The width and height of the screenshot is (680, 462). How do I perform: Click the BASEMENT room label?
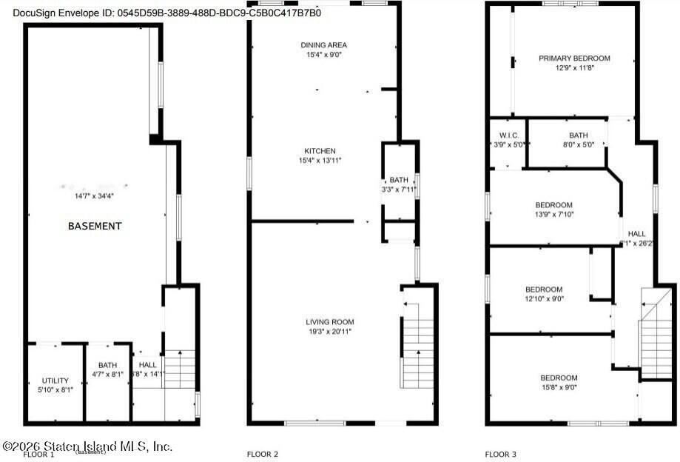pyautogui.click(x=95, y=226)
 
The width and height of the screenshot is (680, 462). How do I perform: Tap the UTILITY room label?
pyautogui.click(x=55, y=381)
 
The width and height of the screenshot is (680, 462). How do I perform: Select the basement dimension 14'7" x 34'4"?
pyautogui.click(x=95, y=195)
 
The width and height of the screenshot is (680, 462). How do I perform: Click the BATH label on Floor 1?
pyautogui.click(x=107, y=365)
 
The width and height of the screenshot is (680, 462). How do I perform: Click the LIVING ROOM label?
pyautogui.click(x=330, y=321)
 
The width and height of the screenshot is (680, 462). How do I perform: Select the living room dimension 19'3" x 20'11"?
pyautogui.click(x=330, y=331)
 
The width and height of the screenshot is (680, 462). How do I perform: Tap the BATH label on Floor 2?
pyautogui.click(x=399, y=180)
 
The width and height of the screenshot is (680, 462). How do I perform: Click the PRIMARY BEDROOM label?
pyautogui.click(x=574, y=58)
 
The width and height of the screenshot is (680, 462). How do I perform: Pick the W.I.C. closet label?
pyautogui.click(x=508, y=135)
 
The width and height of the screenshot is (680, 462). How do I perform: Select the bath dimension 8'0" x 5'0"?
pyautogui.click(x=578, y=144)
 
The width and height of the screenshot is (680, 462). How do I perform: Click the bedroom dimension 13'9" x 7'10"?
pyautogui.click(x=554, y=215)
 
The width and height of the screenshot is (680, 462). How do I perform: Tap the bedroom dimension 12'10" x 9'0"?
pyautogui.click(x=544, y=299)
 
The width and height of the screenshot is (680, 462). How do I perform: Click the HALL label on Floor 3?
pyautogui.click(x=636, y=234)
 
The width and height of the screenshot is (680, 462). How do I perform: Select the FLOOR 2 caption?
pyautogui.click(x=262, y=454)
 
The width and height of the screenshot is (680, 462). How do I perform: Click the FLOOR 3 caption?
pyautogui.click(x=500, y=454)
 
